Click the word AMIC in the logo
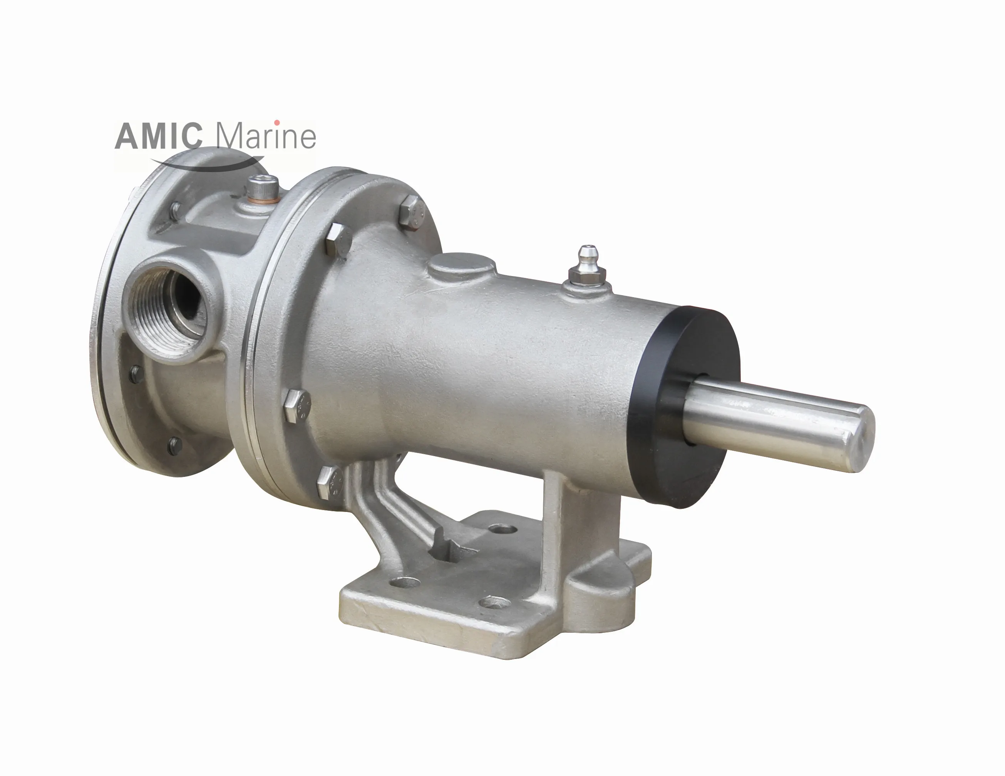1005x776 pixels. point(158,137)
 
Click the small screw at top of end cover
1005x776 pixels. point(175,210)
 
